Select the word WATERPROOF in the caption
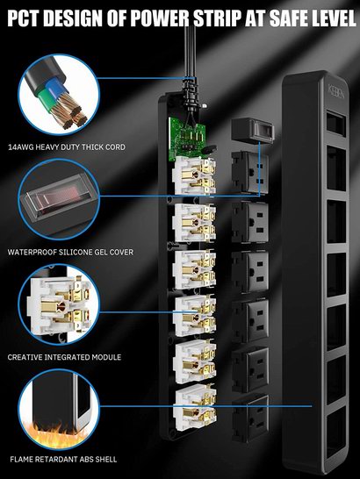32,252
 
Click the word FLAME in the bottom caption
21,459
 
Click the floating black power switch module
252,130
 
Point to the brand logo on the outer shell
336,91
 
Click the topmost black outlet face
250,172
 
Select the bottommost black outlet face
250,418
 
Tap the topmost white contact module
194,175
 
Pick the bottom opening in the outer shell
336,431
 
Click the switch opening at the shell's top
336,124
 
